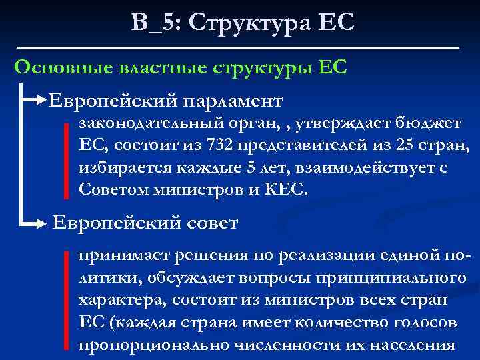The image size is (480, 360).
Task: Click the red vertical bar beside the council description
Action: click(67, 300)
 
